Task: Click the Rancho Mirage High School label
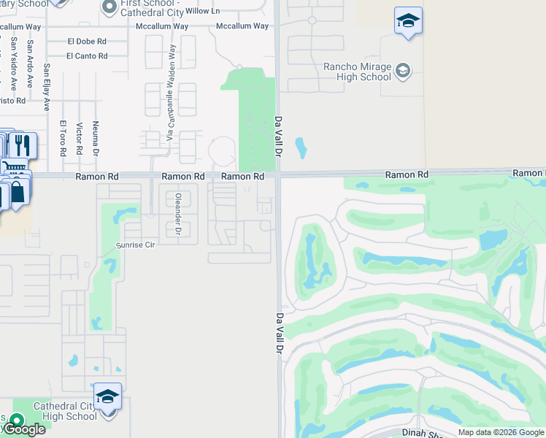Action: point(357,72)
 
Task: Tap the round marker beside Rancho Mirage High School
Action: point(403,71)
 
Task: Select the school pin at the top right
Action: point(408,21)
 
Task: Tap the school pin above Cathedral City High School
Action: point(107,396)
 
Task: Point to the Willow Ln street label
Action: point(202,11)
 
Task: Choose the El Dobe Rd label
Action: point(86,42)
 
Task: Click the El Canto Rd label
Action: point(87,55)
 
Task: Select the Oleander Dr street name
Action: point(177,213)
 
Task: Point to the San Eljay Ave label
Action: point(47,87)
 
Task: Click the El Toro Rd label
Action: point(63,138)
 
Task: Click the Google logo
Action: point(23,429)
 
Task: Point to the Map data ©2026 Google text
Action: point(500,432)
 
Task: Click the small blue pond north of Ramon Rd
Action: point(300,149)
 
